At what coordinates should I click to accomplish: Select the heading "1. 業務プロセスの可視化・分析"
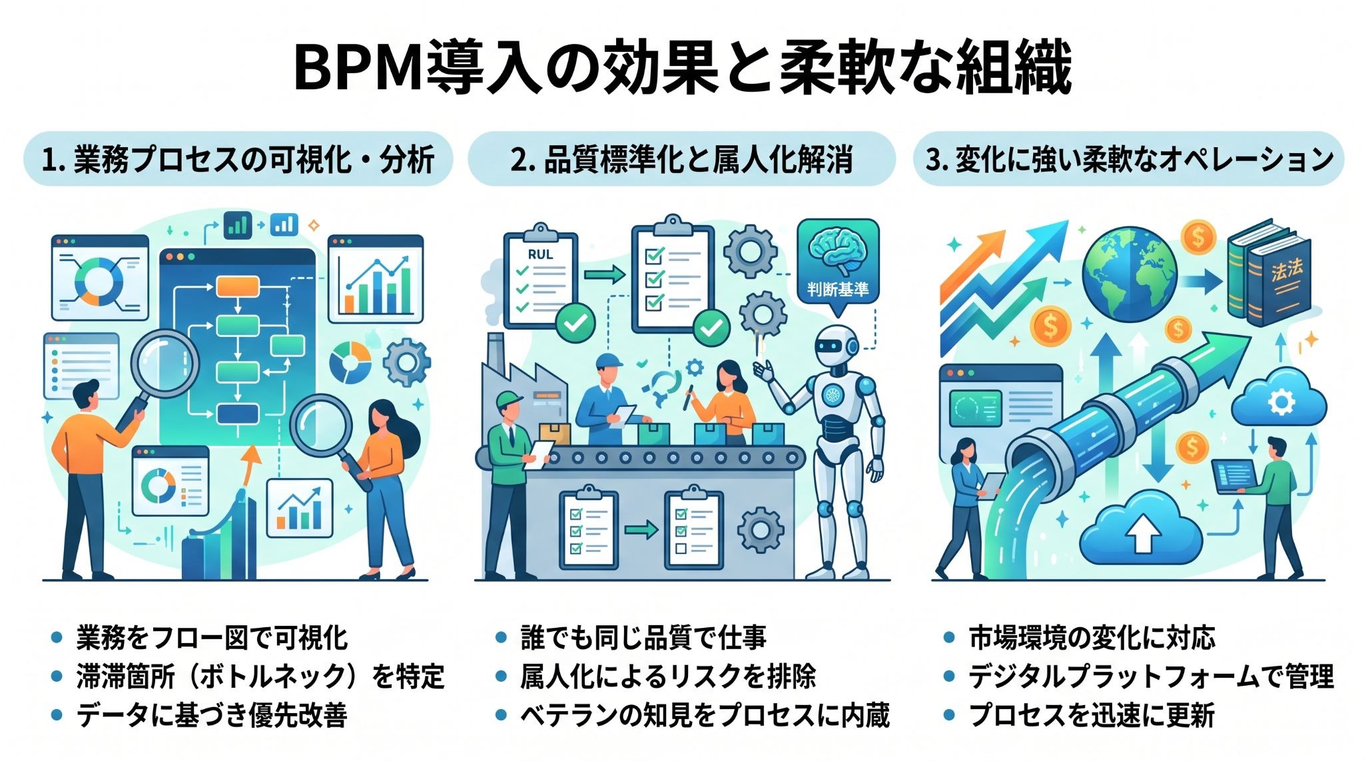238,160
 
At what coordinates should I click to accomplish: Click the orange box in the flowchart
237,286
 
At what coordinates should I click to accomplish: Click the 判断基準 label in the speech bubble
838,289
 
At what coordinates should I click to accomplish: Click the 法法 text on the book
1286,270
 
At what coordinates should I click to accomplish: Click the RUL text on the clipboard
540,254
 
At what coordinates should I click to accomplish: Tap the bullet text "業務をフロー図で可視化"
212,638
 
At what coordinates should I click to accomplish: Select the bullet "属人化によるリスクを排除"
668,676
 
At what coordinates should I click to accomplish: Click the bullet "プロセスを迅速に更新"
1092,715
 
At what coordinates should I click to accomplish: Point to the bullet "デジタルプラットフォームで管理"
1152,676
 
